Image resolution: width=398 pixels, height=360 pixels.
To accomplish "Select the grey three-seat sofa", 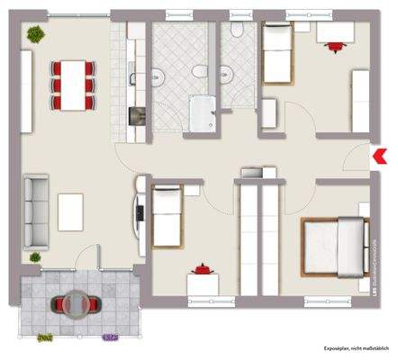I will click(36, 211).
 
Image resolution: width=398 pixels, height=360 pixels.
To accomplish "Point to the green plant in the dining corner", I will click(35, 36).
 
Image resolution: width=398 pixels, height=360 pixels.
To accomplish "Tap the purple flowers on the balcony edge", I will click(110, 338).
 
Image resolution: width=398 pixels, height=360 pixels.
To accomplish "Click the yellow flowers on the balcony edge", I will click(42, 338).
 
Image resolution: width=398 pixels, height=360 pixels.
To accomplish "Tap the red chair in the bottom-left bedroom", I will click(204, 268).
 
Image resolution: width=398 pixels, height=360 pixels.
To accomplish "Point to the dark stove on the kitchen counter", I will click(137, 115).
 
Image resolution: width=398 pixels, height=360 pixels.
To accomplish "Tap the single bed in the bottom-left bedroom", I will click(167, 216).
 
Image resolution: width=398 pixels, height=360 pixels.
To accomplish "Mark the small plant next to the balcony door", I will click(36, 257).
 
